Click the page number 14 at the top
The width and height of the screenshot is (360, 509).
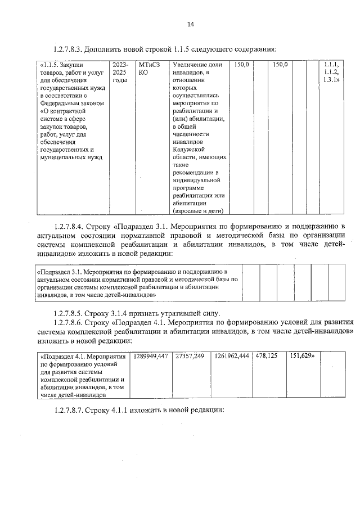[x=190, y=25]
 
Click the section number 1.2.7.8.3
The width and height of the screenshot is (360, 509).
[x=71, y=49]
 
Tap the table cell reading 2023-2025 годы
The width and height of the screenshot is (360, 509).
[x=120, y=73]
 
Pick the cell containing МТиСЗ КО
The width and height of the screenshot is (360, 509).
[x=149, y=69]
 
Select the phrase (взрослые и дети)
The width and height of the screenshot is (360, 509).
[x=198, y=210]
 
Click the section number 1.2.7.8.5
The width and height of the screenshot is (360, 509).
[x=71, y=313]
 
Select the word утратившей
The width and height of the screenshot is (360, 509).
[x=179, y=313]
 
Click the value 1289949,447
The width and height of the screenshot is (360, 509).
[x=151, y=356]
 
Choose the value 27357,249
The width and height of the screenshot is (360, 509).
[x=191, y=356]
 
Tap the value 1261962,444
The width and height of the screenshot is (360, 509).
[x=233, y=356]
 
